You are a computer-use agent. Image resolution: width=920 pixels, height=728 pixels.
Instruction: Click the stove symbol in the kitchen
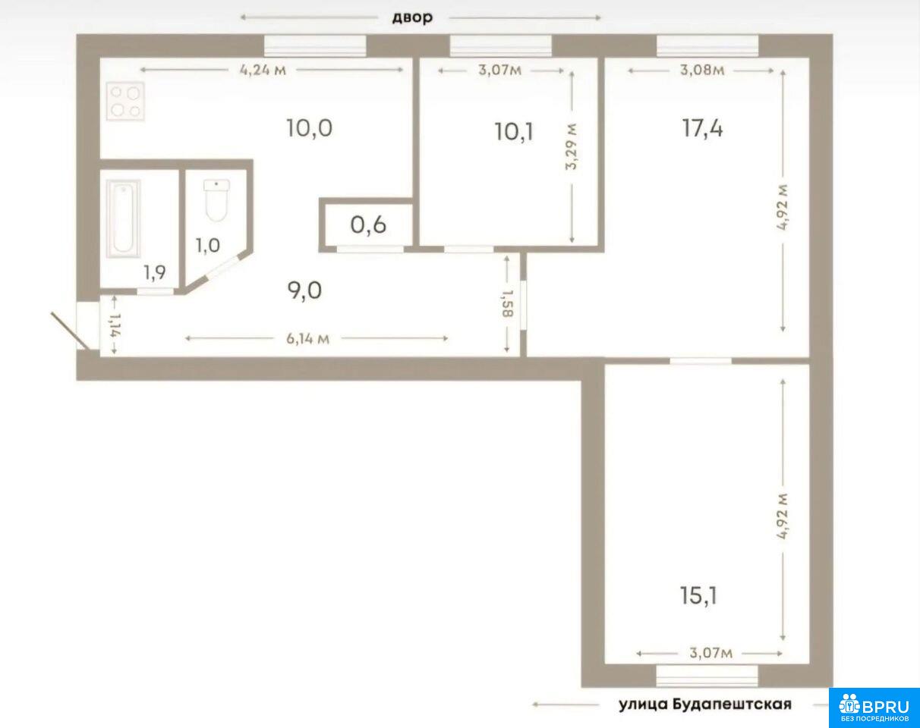(125, 102)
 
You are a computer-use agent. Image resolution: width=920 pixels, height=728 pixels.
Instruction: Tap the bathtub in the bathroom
(123, 218)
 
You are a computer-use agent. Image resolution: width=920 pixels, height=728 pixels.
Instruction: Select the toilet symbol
(217, 200)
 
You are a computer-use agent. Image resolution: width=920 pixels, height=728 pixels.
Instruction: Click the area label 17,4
(702, 129)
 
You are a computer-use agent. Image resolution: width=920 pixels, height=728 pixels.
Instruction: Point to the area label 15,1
(698, 595)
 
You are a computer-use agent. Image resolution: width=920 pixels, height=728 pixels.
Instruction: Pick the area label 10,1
(514, 132)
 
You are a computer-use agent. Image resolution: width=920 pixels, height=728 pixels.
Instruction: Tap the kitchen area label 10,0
(309, 128)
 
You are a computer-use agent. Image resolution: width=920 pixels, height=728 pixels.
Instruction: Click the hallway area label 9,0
(304, 291)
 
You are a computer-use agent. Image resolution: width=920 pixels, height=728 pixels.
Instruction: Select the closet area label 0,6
(368, 225)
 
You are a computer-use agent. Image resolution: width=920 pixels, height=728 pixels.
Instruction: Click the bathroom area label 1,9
(155, 272)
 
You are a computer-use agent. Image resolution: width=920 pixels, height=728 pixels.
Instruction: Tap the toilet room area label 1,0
(208, 246)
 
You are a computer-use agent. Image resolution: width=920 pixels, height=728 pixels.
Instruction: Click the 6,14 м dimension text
(308, 339)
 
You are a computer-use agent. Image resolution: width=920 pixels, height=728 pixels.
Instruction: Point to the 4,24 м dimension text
(263, 70)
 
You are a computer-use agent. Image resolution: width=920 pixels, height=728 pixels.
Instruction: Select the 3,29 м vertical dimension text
(571, 146)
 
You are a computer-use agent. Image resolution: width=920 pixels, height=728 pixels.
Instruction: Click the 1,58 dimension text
(508, 304)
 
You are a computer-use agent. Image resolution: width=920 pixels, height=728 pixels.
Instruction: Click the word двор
(412, 18)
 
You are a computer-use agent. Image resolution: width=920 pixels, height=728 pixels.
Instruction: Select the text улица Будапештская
(705, 704)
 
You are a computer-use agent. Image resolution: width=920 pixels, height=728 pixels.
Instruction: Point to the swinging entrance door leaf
(71, 332)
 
